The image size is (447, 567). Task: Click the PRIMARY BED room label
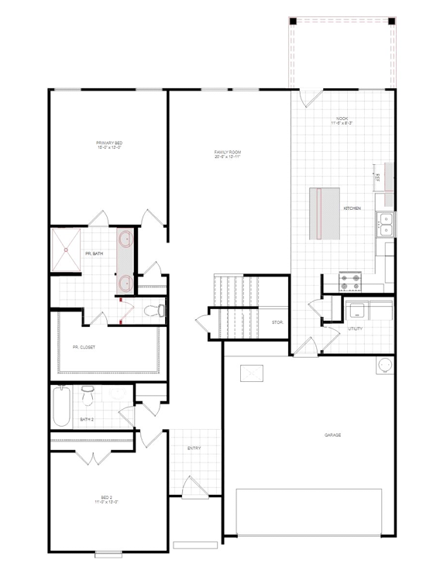coord(108,145)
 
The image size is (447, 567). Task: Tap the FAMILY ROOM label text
coord(229,153)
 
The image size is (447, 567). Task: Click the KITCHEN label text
coord(352,209)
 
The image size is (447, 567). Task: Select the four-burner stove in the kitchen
coord(350,280)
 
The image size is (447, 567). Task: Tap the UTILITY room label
coord(356,328)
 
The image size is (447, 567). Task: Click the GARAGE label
coord(333,435)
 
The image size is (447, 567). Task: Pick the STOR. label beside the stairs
coord(277,322)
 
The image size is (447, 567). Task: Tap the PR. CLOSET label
coord(84,348)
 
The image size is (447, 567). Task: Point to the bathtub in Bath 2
coord(61,406)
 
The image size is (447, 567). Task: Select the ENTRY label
coord(194,448)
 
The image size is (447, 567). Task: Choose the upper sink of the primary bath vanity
coord(126,242)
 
